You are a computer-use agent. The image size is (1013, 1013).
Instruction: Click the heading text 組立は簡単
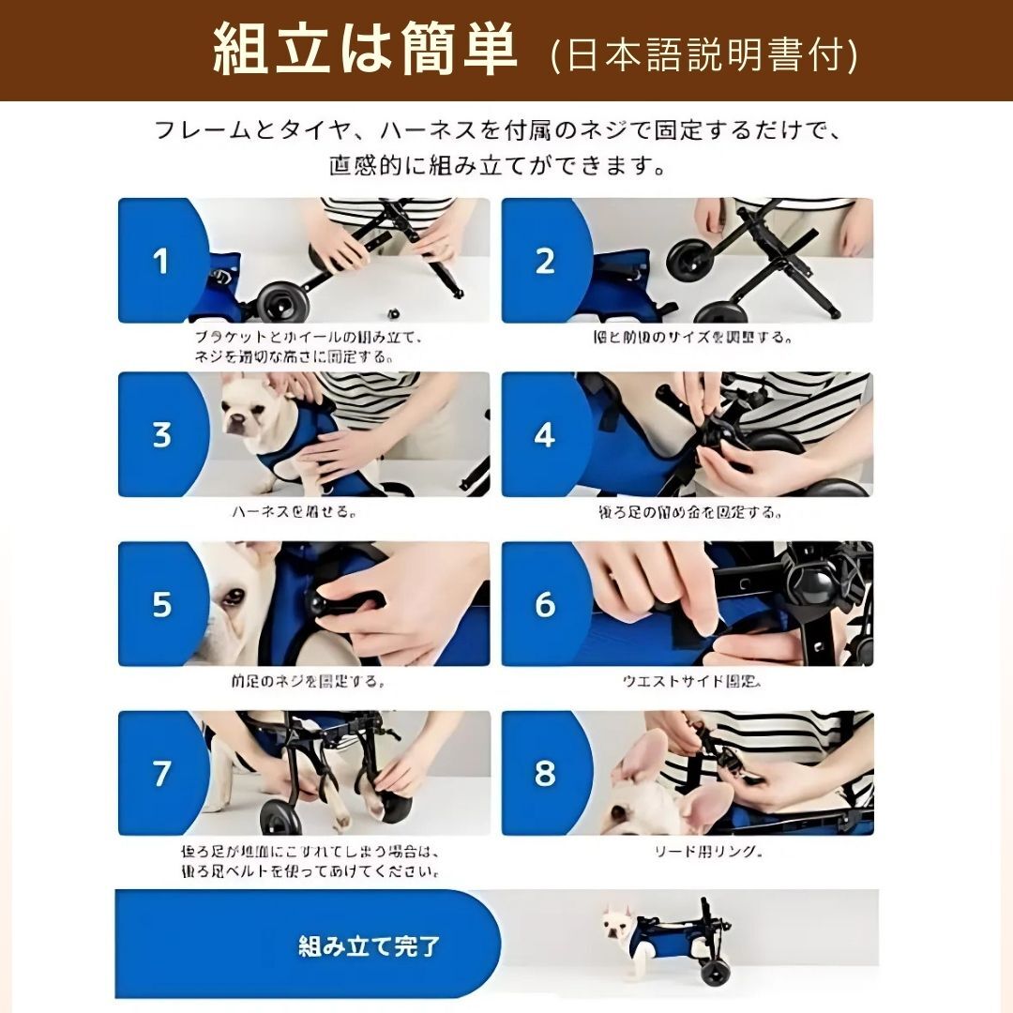coord(365,52)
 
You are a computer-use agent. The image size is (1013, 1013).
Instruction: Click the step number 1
coord(161,261)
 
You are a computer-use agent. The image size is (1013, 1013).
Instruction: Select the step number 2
coord(545,261)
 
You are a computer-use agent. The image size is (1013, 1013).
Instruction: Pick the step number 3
coord(161,435)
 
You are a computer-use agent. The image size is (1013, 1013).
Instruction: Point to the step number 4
coord(545,435)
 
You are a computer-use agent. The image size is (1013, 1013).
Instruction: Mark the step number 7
coord(161,774)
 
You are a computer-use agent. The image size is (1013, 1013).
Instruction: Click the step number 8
coord(545,774)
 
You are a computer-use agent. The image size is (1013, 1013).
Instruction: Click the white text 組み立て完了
coord(369,945)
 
